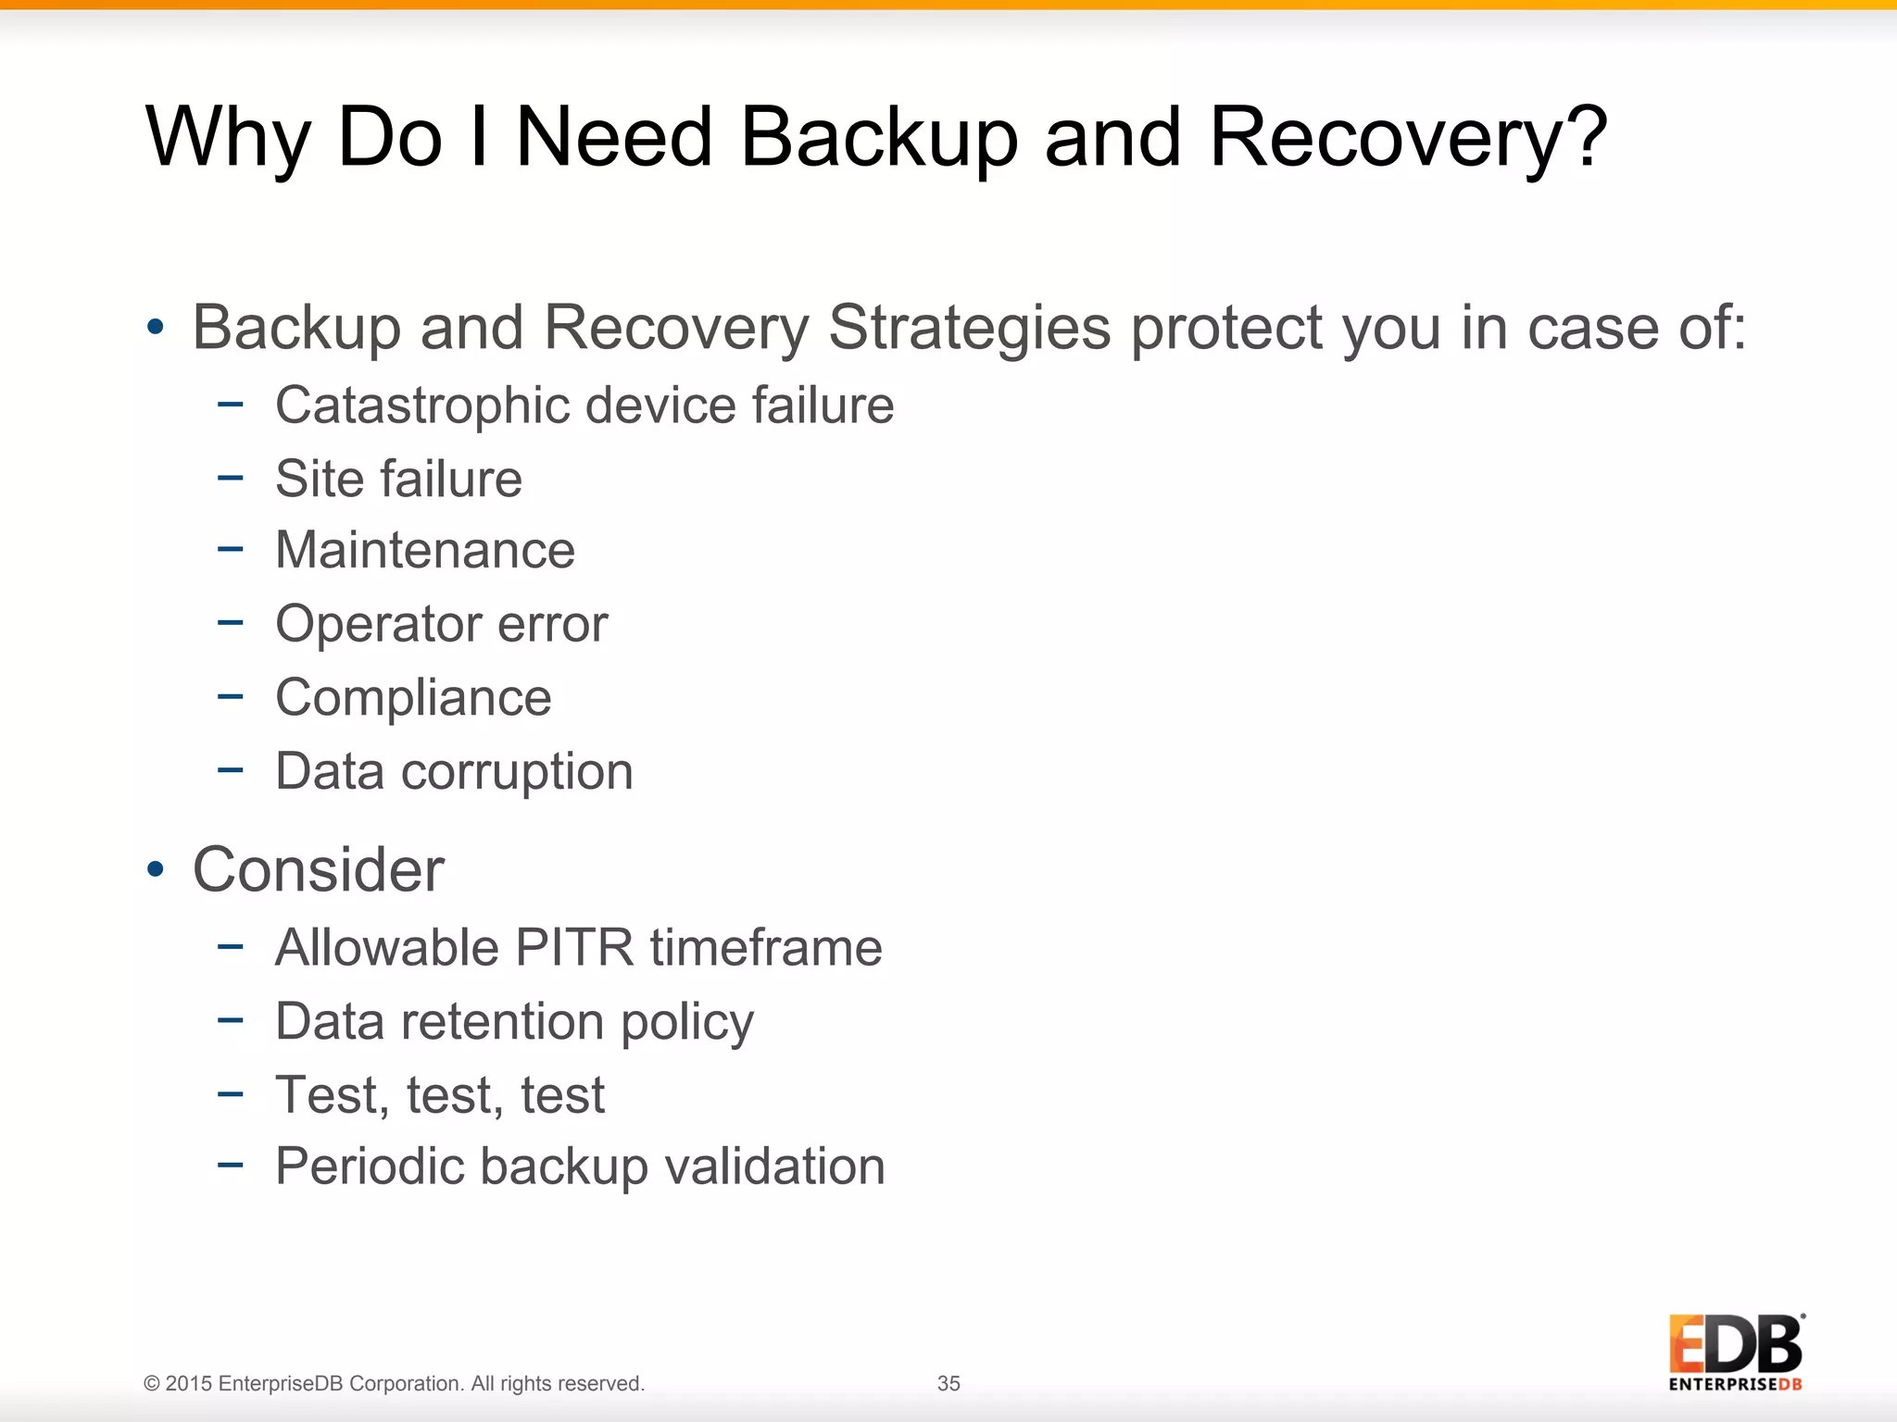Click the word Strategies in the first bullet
[969, 328]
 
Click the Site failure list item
[398, 479]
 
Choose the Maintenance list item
[425, 550]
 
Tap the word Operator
[376, 625]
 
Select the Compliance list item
[413, 697]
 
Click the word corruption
[517, 772]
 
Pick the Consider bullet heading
[319, 870]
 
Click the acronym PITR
[574, 947]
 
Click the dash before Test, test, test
[230, 1094]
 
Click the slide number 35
[948, 1383]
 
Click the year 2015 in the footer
[188, 1383]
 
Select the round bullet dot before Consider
[156, 869]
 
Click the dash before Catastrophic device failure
[230, 405]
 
